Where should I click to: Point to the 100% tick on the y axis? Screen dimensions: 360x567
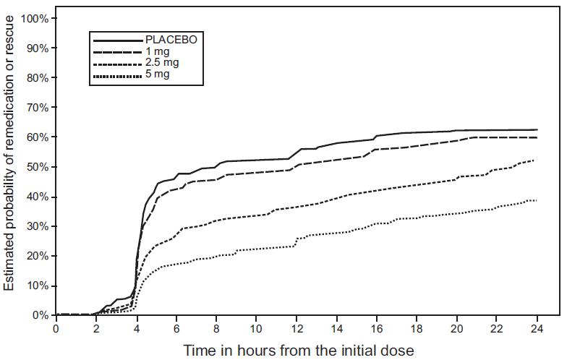pos(35,17)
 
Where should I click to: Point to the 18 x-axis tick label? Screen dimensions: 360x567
pos(416,327)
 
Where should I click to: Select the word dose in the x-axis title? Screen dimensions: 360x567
pos(398,351)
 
